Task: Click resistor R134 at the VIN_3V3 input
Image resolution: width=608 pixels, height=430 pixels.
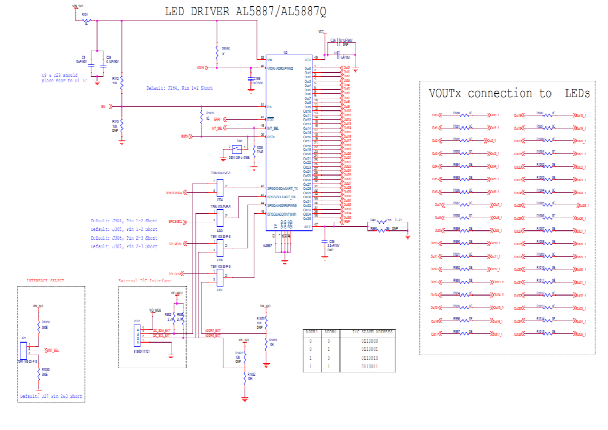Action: coord(86,21)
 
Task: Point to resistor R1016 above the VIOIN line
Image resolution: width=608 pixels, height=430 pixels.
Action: coord(216,53)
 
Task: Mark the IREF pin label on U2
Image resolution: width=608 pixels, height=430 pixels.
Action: coord(307,227)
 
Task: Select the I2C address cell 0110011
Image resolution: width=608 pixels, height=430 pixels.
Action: coord(369,367)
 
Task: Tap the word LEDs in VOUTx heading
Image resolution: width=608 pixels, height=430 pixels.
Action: coord(577,93)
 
